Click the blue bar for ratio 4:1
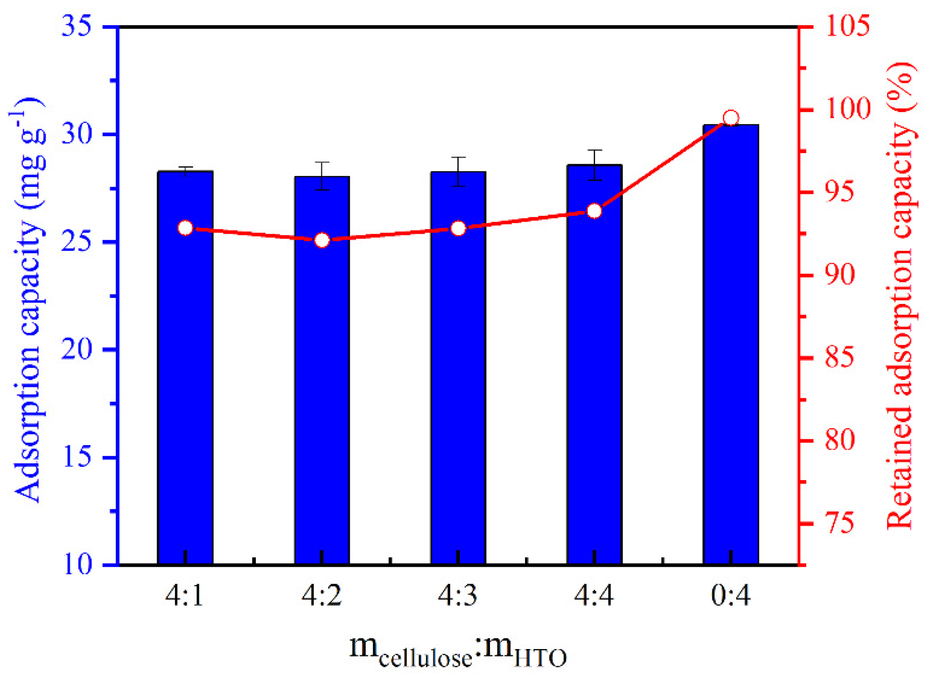(185, 367)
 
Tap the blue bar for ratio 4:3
(458, 367)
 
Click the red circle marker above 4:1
(185, 228)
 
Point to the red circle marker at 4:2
(322, 240)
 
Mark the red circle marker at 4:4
(595, 211)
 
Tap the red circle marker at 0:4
(731, 118)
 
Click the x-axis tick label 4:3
(458, 596)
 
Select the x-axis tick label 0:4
(731, 596)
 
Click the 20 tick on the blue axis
(77, 350)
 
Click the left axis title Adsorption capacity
(27, 301)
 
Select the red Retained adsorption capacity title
(900, 296)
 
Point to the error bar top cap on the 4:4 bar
(595, 150)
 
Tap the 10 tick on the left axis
(77, 565)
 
